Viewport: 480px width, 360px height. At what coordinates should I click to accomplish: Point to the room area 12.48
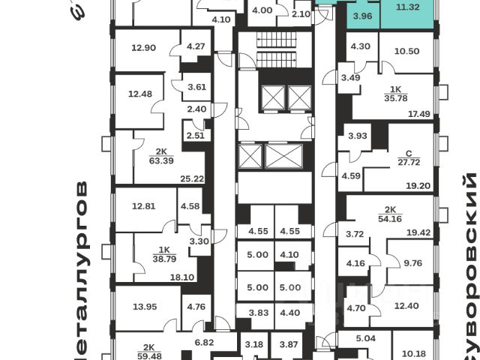pos(139,94)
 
